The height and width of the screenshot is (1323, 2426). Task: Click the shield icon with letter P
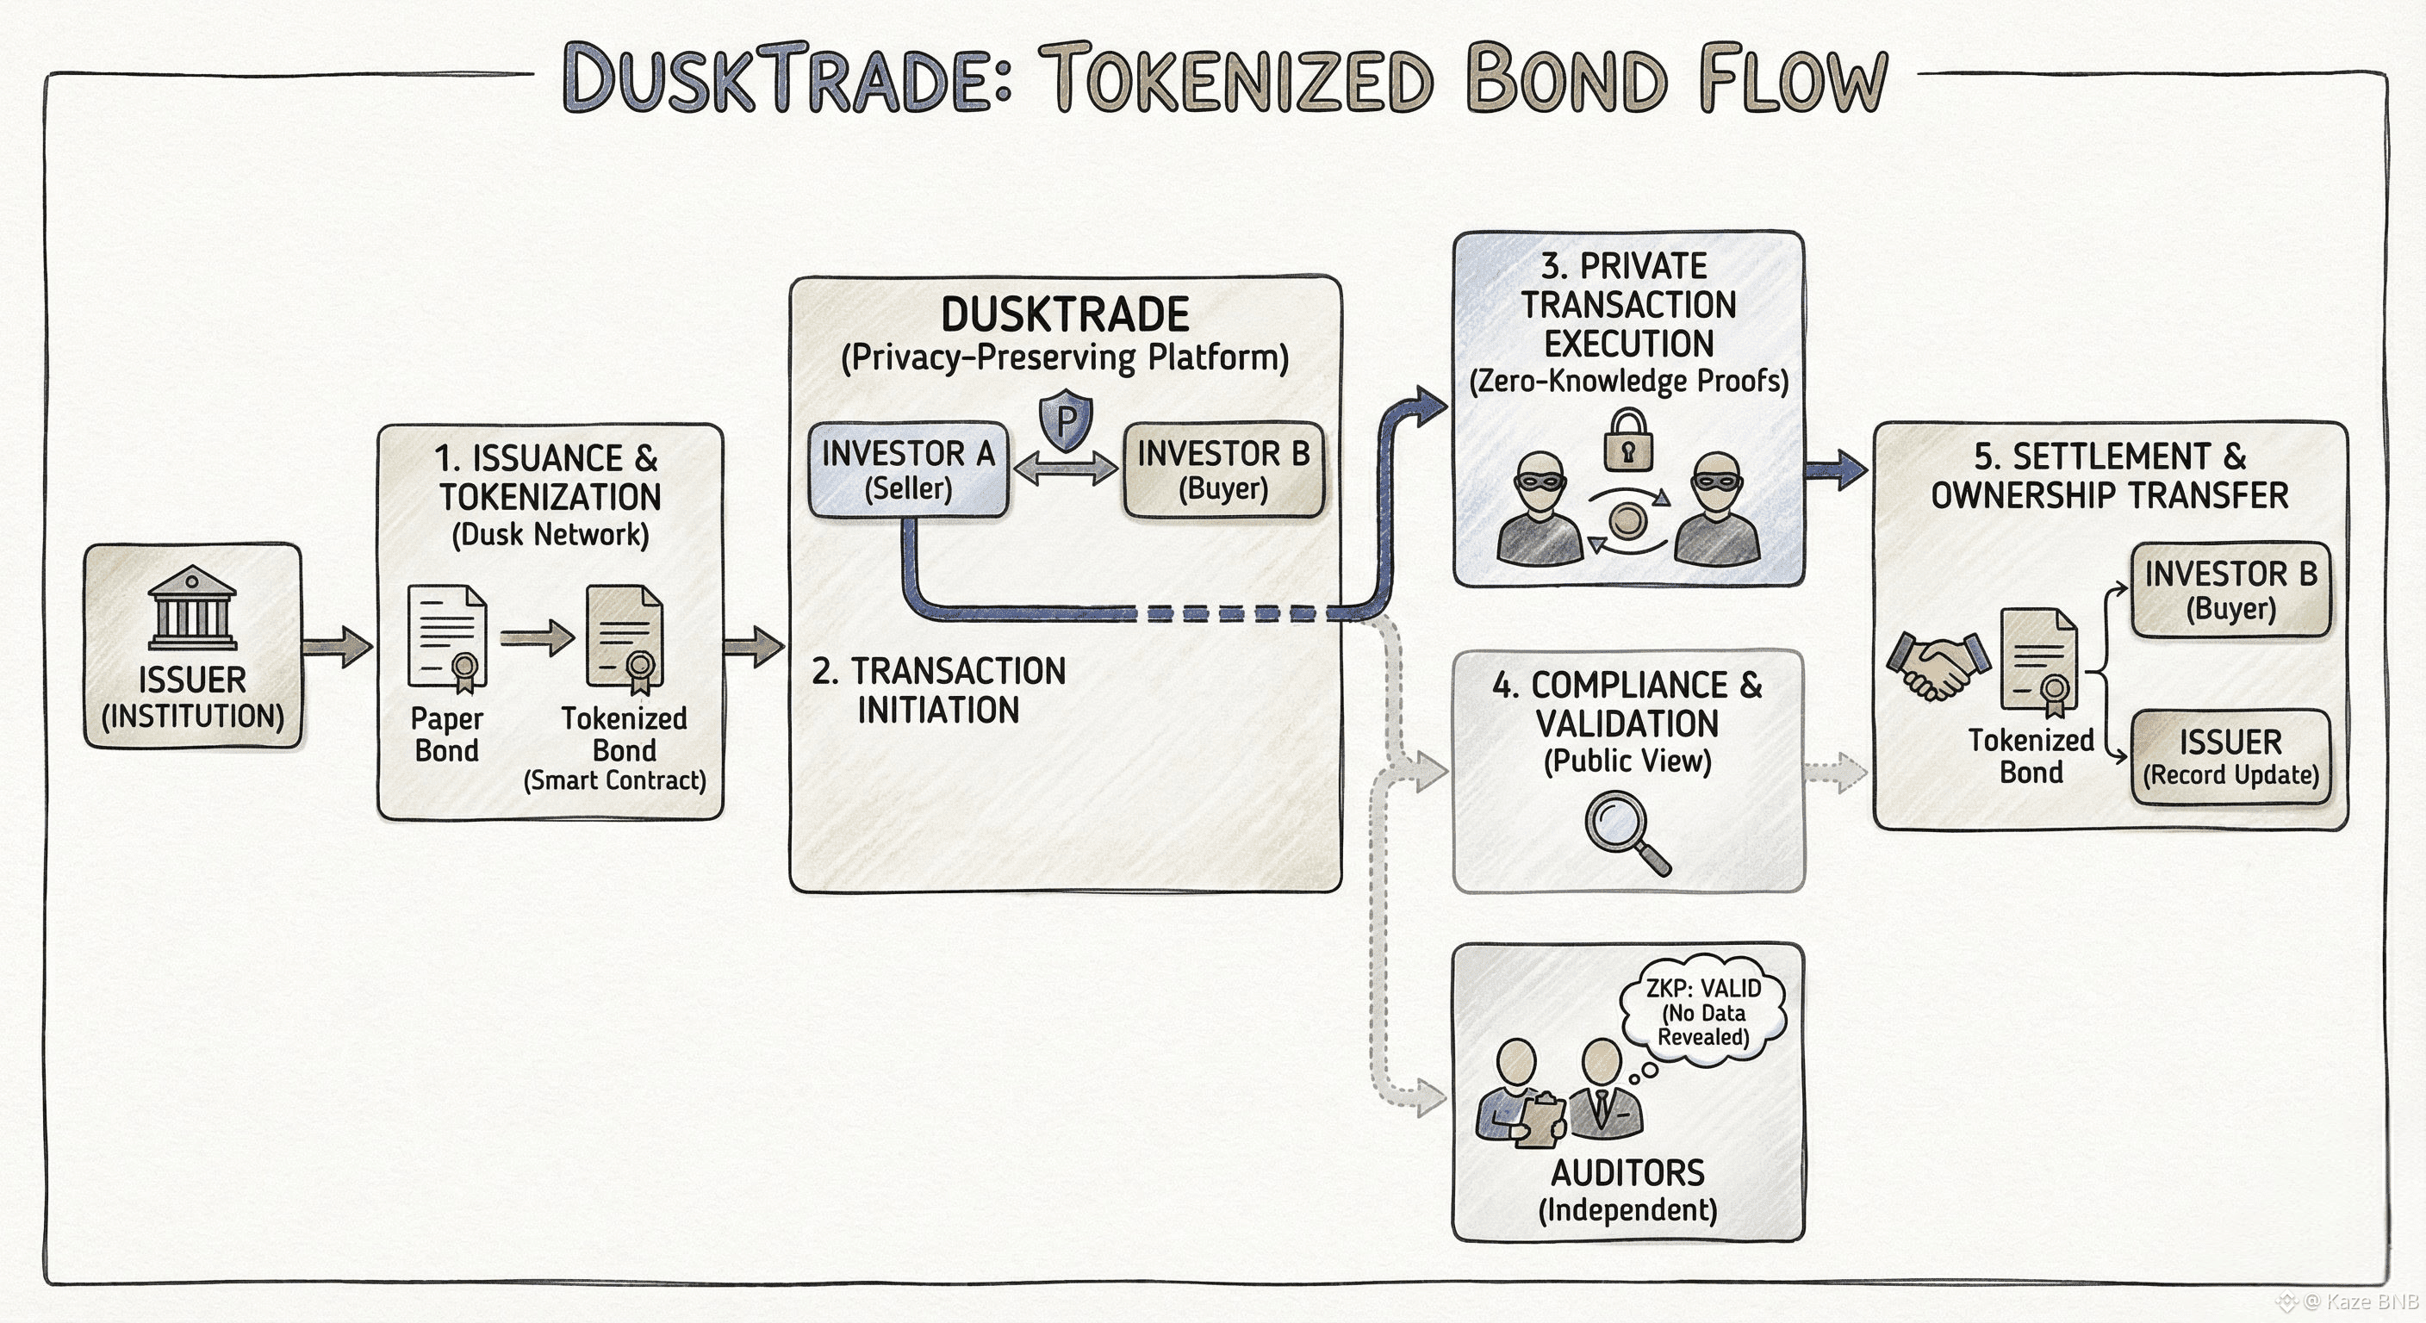tap(1065, 420)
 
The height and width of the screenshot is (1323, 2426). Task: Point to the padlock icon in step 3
tap(1628, 441)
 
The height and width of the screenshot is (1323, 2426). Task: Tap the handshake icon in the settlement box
tap(1938, 667)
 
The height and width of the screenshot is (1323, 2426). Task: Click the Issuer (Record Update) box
tap(2230, 757)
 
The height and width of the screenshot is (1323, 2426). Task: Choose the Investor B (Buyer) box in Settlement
tap(2230, 589)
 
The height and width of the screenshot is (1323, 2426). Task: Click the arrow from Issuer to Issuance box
tap(337, 646)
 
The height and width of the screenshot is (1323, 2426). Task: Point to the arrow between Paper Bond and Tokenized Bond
tap(537, 638)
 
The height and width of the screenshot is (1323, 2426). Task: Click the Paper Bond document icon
tap(447, 637)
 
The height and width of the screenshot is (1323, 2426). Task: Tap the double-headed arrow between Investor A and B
tap(1066, 468)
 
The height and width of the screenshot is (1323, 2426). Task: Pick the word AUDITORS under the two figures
tap(1627, 1173)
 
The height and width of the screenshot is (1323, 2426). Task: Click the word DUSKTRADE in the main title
tap(787, 79)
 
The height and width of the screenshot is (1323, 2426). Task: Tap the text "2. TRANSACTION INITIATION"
tap(938, 690)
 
